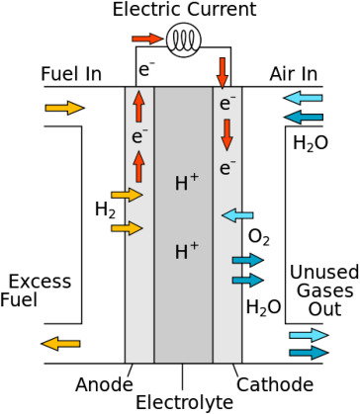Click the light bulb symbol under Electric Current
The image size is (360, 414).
click(x=183, y=41)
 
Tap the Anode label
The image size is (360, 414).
click(x=104, y=384)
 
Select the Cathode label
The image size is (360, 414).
click(x=275, y=384)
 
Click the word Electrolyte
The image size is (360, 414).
click(x=184, y=402)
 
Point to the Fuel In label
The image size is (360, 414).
click(x=71, y=74)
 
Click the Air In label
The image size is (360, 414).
click(x=294, y=74)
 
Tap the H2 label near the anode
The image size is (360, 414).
click(x=106, y=209)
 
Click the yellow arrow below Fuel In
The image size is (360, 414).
click(x=65, y=108)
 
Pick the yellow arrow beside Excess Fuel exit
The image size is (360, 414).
click(x=60, y=344)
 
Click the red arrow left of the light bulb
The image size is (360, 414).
click(x=147, y=39)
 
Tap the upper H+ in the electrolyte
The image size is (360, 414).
click(x=187, y=183)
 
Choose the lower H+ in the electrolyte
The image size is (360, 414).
click(x=187, y=251)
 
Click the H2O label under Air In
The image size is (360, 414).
click(x=311, y=143)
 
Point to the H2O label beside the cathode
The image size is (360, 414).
click(x=264, y=307)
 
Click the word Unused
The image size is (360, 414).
click(x=324, y=273)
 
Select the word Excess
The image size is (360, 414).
click(x=40, y=282)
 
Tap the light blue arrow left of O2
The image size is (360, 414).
click(x=237, y=215)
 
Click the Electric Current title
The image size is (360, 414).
click(x=184, y=9)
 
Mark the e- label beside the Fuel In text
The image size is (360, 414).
click(x=146, y=69)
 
